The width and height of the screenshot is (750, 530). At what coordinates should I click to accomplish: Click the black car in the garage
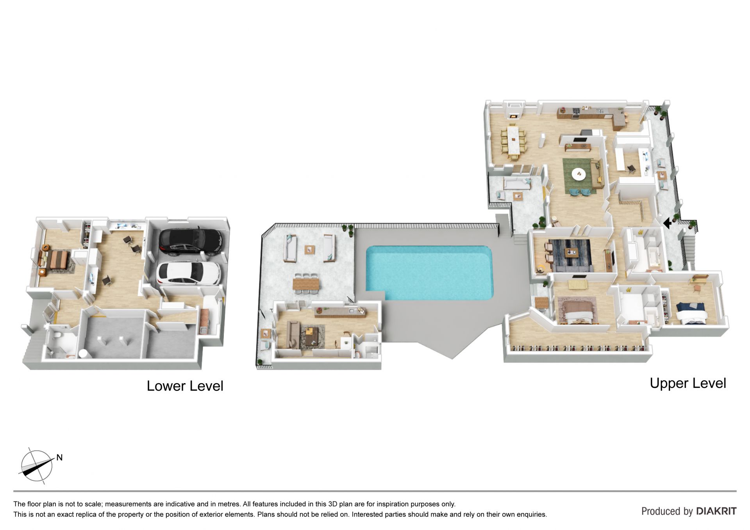point(191,241)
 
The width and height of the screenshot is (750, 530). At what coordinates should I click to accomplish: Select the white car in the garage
point(188,273)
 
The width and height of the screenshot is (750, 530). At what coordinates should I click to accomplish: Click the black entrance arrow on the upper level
point(668,223)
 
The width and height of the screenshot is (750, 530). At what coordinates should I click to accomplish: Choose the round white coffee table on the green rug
point(578,174)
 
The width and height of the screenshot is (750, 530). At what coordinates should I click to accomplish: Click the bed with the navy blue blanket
point(691,313)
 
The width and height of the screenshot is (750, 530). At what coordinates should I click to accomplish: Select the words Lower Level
point(185,386)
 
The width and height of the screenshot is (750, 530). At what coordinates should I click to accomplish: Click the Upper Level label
point(688,383)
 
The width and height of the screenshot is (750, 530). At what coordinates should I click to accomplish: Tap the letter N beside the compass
point(59,457)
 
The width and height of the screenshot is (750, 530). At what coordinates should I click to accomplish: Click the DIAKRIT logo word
point(716,511)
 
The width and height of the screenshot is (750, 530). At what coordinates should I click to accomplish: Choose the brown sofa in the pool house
point(292,335)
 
